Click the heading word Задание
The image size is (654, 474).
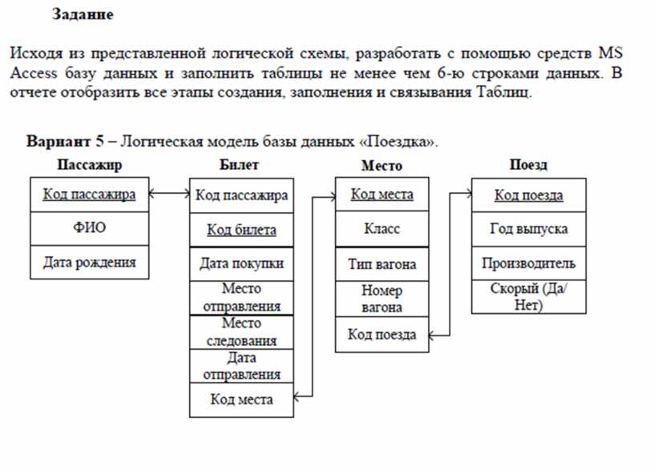[x=83, y=14]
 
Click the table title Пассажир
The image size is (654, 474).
[x=89, y=165]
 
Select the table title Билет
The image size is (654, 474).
[x=239, y=164]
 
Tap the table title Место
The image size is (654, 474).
[x=381, y=166]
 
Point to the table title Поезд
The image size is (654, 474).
[x=528, y=164]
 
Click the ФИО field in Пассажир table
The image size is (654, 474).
[x=89, y=227]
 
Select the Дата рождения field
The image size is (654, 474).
[x=89, y=263]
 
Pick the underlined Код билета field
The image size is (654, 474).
[x=241, y=230]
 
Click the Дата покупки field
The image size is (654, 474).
[x=241, y=263]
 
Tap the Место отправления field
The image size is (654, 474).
[x=241, y=297]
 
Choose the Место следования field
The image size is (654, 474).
[x=241, y=332]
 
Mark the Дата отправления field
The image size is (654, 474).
[x=241, y=366]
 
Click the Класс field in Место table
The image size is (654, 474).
[x=381, y=229]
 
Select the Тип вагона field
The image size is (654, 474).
[x=381, y=264]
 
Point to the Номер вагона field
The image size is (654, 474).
[x=381, y=299]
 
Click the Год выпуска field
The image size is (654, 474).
[x=528, y=229]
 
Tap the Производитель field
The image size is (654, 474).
[x=528, y=263]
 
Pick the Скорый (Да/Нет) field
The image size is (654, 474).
[x=528, y=296]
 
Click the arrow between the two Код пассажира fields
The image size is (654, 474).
[x=169, y=193]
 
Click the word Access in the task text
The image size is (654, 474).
[x=34, y=73]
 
